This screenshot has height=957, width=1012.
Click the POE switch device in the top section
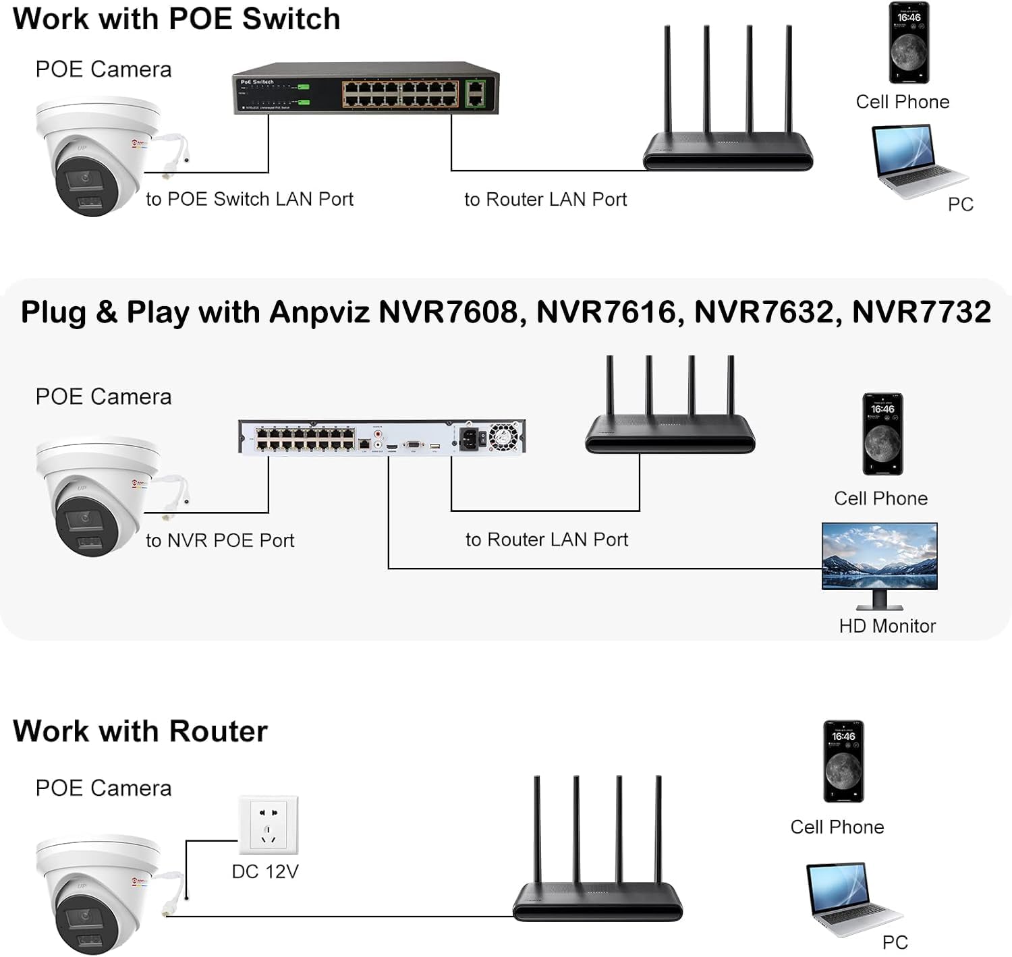[366, 90]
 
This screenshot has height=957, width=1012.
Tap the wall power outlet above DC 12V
[268, 824]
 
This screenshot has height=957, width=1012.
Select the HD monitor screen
[879, 556]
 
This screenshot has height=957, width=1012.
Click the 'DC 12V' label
[264, 871]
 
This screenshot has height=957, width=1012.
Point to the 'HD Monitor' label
[887, 626]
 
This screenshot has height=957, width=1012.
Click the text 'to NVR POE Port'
[220, 540]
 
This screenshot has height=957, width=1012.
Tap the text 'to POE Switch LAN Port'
[249, 199]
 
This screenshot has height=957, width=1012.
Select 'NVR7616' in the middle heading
[605, 312]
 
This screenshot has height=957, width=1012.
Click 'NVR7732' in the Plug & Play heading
[921, 312]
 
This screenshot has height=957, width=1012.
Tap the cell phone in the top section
[908, 43]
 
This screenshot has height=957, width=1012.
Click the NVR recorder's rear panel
[381, 437]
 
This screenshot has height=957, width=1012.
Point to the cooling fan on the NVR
[503, 437]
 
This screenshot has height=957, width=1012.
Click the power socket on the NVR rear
[472, 438]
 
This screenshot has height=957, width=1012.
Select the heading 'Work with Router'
[140, 731]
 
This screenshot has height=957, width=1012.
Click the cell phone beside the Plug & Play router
[882, 434]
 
